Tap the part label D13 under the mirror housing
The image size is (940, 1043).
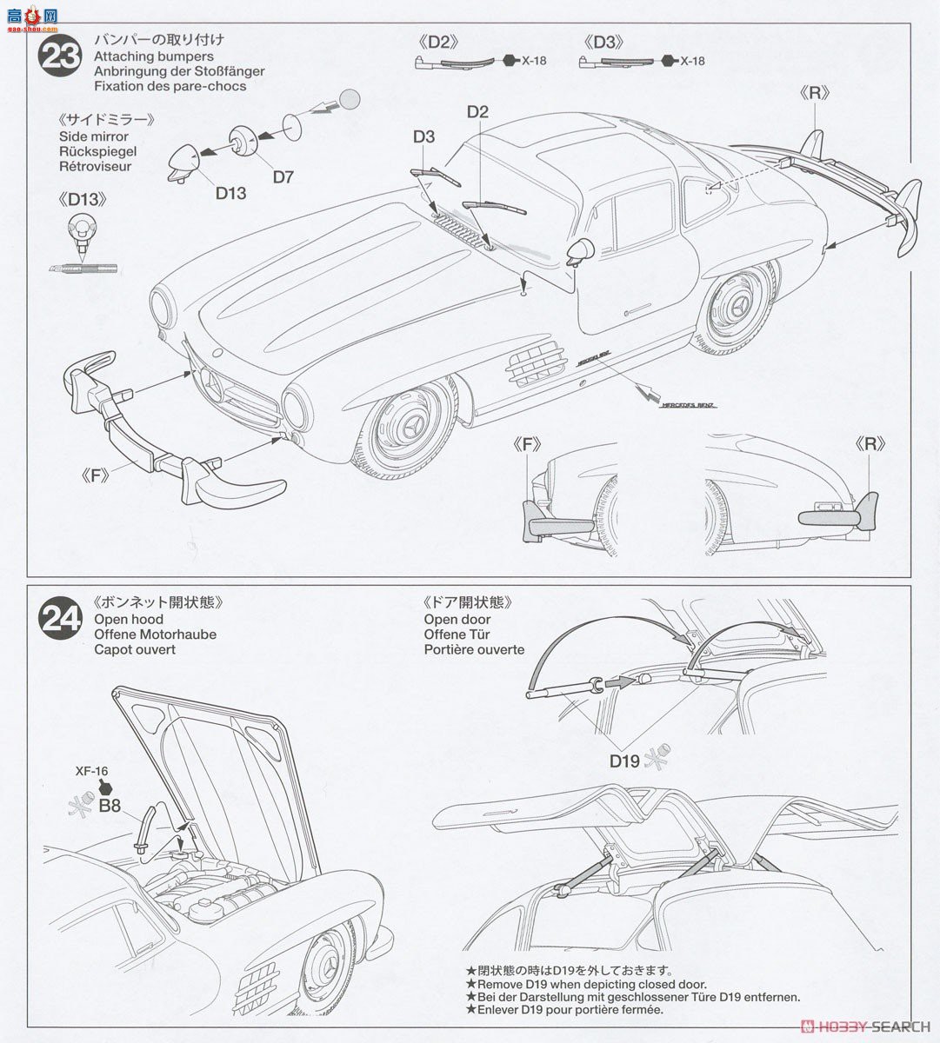click(231, 193)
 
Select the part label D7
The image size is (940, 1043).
click(283, 177)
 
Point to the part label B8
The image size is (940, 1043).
click(110, 806)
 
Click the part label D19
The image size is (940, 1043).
click(624, 761)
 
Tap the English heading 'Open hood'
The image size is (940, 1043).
click(129, 619)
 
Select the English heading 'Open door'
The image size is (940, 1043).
click(457, 619)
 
